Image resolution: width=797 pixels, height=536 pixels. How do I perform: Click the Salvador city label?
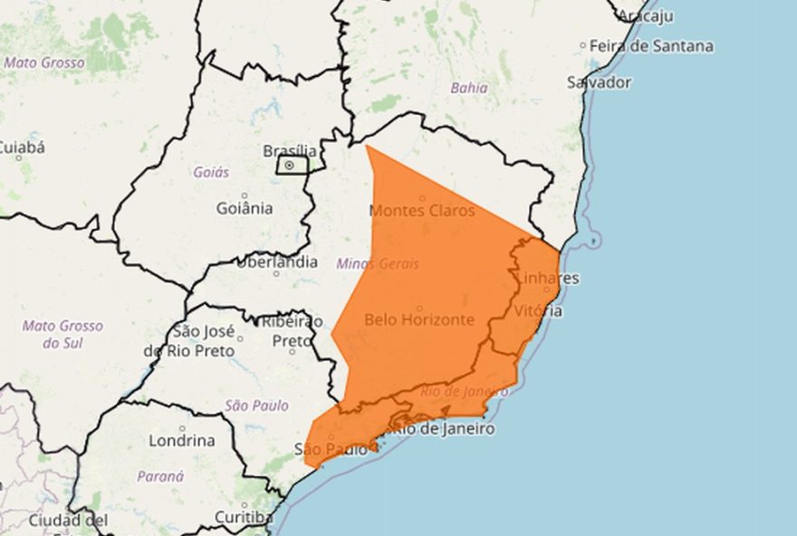click(599, 82)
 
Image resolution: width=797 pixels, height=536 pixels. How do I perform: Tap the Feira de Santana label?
click(651, 45)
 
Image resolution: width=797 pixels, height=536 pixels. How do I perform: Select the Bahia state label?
click(469, 88)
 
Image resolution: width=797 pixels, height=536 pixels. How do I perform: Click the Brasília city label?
click(290, 150)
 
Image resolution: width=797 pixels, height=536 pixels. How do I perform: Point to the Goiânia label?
click(245, 208)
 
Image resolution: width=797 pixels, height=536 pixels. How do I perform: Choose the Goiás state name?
click(211, 171)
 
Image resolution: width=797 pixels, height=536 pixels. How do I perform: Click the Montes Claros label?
click(422, 210)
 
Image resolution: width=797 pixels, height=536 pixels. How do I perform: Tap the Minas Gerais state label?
click(378, 263)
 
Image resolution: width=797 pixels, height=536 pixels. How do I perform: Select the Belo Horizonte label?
click(418, 320)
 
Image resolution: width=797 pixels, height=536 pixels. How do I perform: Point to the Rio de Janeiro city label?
click(443, 428)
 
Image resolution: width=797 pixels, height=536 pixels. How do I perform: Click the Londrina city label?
click(182, 441)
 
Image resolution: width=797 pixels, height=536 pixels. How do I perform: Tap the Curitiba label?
click(244, 517)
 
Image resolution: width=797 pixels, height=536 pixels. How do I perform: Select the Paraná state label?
click(160, 475)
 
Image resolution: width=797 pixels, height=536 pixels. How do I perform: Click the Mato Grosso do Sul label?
click(62, 334)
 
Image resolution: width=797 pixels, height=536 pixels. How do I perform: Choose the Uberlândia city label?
click(277, 263)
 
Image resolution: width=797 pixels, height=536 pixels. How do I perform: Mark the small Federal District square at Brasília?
click(291, 166)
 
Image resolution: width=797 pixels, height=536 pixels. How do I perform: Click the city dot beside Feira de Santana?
click(582, 44)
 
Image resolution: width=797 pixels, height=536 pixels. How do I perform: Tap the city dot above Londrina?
click(181, 427)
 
